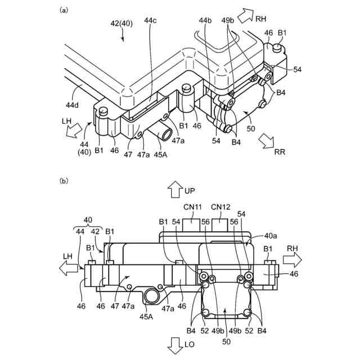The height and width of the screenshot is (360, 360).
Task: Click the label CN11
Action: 192,206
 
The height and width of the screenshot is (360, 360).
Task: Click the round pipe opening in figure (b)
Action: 152,295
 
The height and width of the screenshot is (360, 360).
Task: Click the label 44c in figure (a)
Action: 150,21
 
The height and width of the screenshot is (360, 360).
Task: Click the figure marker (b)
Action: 64,181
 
